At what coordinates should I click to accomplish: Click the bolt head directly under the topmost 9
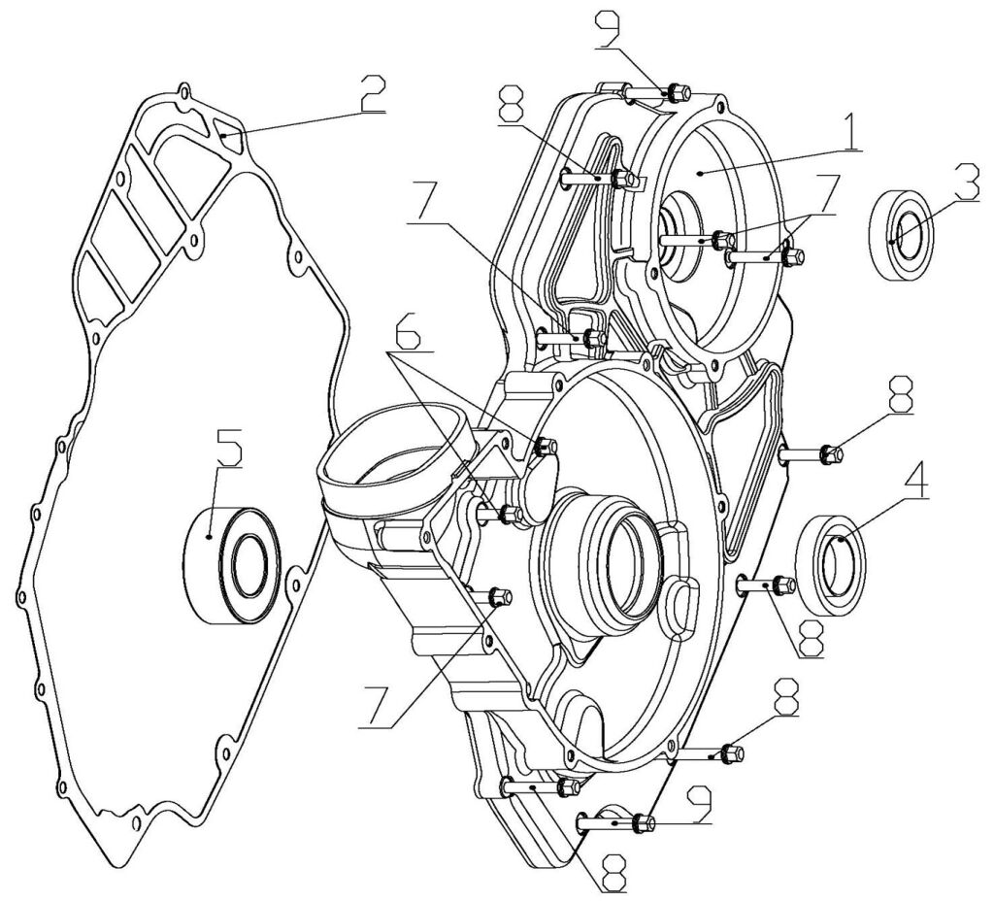tap(677, 93)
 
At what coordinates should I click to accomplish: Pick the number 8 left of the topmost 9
tap(514, 104)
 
